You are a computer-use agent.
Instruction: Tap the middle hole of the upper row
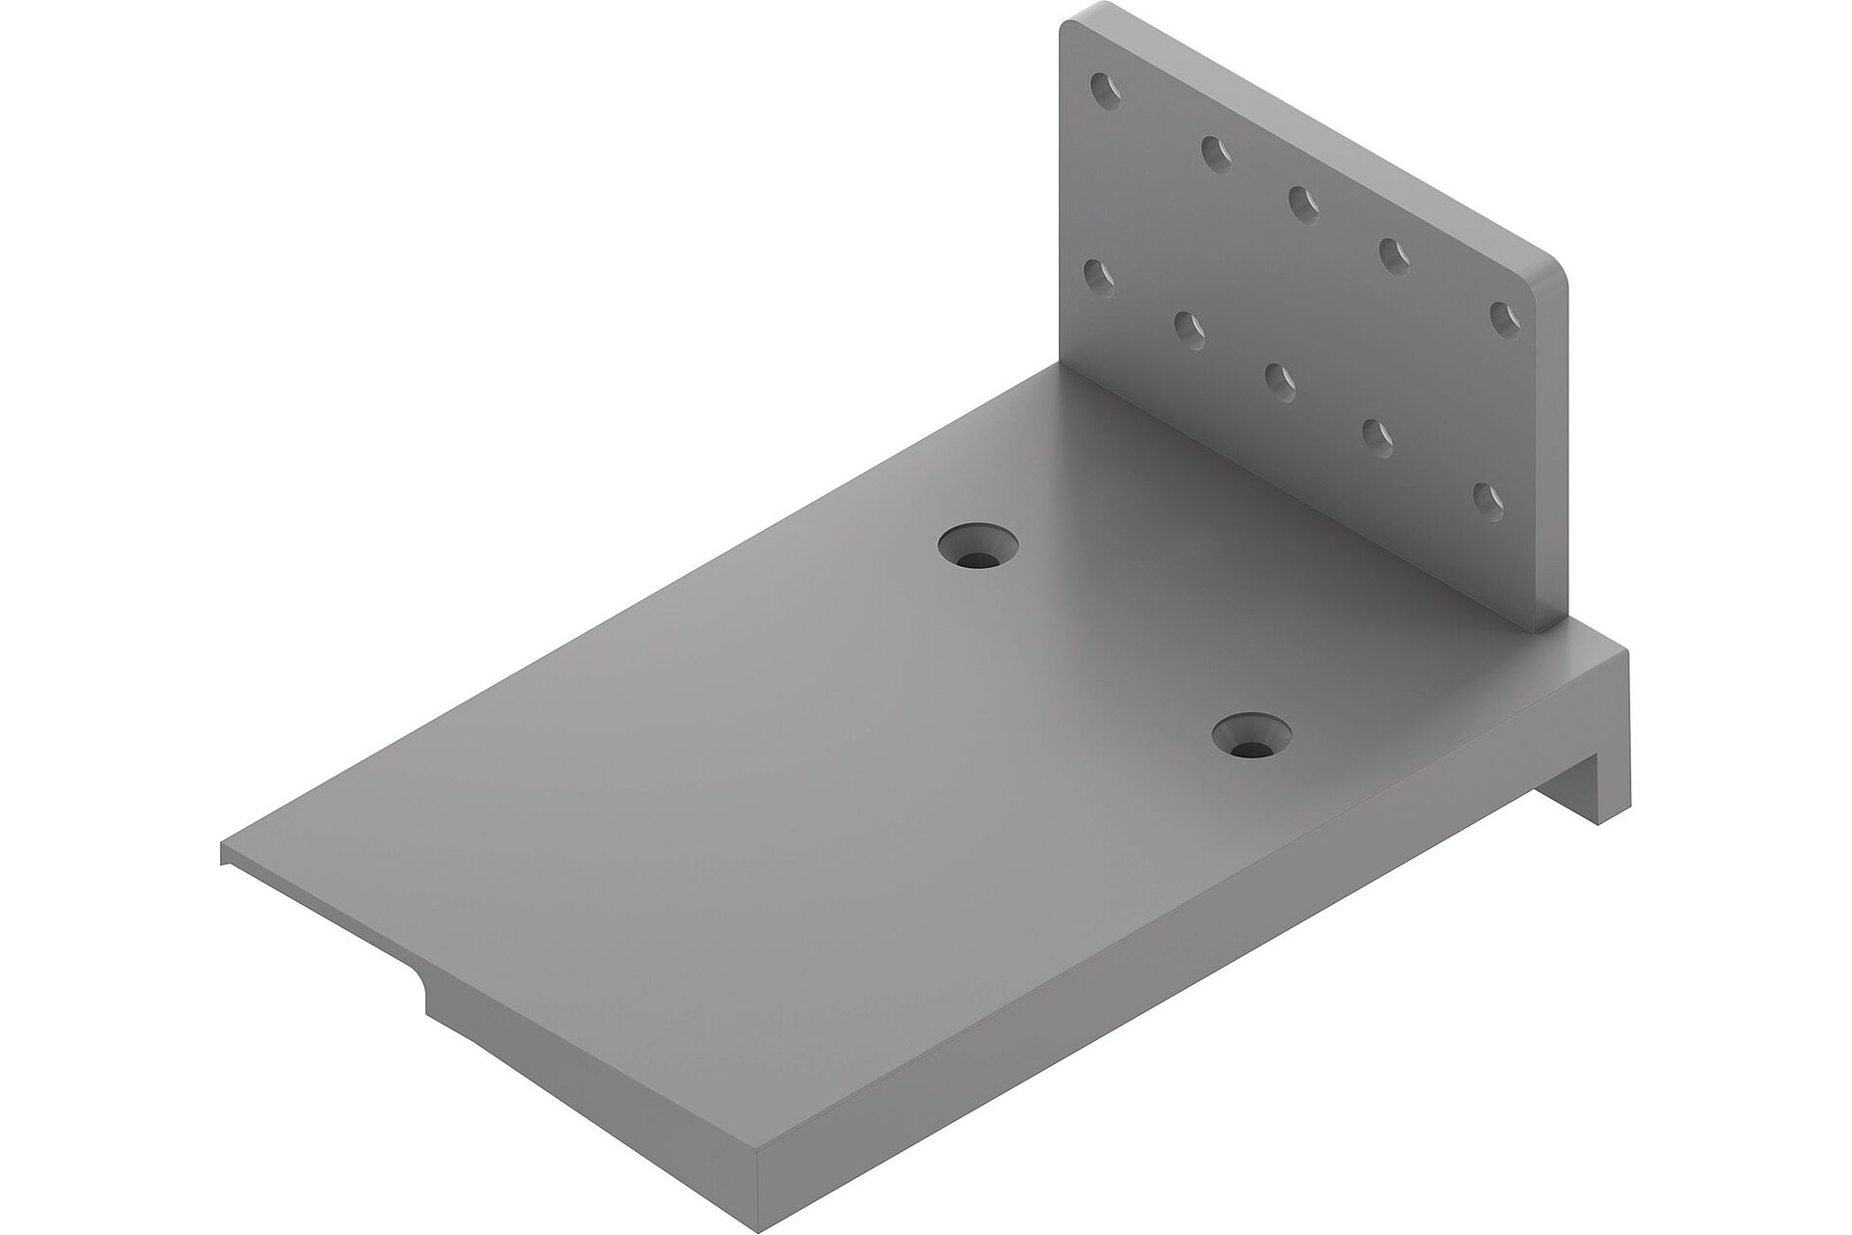1302,204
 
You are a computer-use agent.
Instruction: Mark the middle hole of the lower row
1279,379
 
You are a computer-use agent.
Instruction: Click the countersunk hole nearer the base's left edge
978,551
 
